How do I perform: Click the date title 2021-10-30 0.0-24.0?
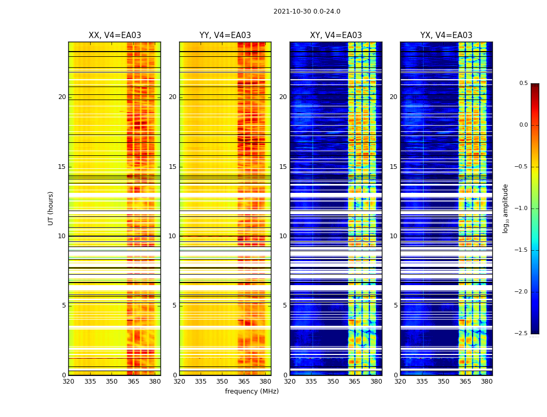[307, 11]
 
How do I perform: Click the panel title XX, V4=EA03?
[115, 35]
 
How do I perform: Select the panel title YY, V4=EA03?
[225, 35]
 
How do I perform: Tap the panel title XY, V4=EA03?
[335, 35]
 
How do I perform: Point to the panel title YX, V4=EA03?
[446, 35]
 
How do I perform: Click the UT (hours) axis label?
[51, 208]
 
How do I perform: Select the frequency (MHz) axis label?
[252, 391]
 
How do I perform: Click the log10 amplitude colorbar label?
[505, 208]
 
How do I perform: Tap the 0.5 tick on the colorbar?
[523, 83]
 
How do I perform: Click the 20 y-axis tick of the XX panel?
[62, 97]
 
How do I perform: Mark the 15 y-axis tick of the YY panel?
[172, 167]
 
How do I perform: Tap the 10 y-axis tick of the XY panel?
[283, 236]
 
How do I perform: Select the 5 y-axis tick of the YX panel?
[395, 305]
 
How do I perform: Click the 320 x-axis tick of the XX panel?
[68, 382]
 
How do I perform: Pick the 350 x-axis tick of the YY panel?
[222, 382]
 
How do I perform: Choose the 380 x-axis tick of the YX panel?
[487, 382]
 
